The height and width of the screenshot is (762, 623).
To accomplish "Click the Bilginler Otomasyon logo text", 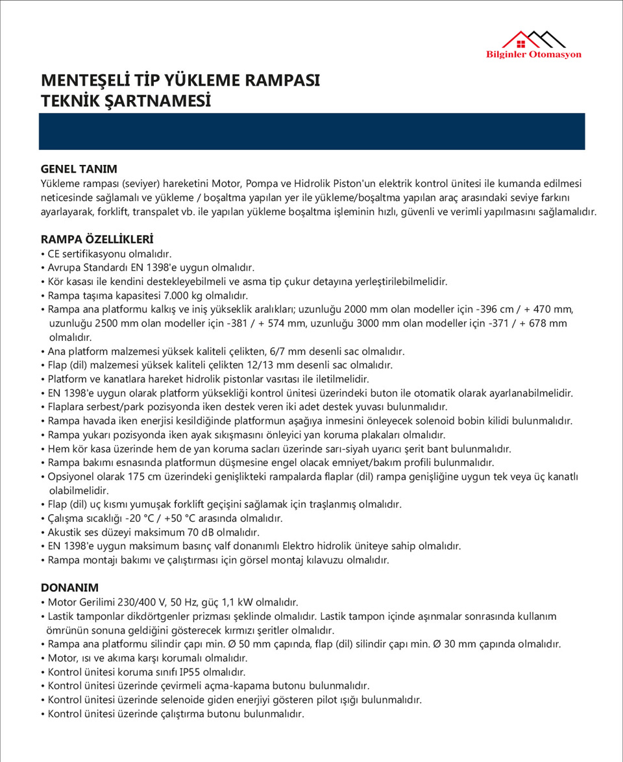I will pyautogui.click(x=533, y=55).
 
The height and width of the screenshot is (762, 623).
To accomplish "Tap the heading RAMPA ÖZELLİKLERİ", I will pyautogui.click(x=97, y=239).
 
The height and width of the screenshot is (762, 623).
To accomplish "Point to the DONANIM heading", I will pyautogui.click(x=69, y=587).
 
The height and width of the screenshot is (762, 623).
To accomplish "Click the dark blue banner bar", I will pyautogui.click(x=312, y=131).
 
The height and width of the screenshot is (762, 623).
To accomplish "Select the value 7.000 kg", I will pyautogui.click(x=154, y=295).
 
